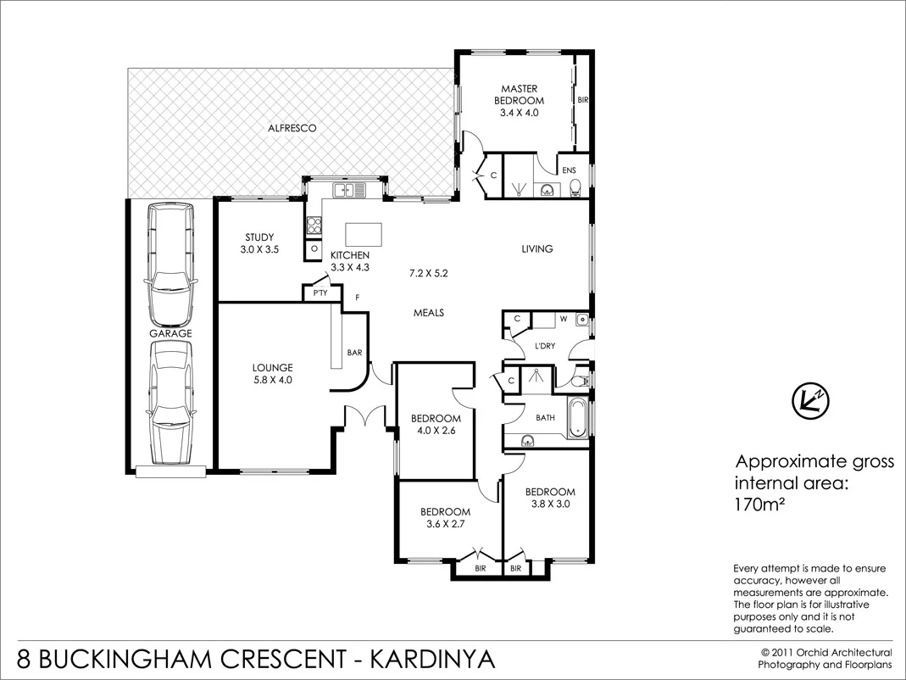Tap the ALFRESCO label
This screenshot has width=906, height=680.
coord(292,129)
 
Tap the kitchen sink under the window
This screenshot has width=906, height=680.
coord(348,190)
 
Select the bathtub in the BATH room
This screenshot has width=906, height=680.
coord(579,419)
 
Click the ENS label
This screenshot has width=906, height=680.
coord(569,170)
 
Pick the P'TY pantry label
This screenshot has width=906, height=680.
coord(320,293)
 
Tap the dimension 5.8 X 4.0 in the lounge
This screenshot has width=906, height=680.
coord(272,380)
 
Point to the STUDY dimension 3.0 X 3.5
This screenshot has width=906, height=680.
coord(259,249)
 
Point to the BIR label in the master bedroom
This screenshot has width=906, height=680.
coord(582,100)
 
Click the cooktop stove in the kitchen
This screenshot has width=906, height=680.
coord(314,225)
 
